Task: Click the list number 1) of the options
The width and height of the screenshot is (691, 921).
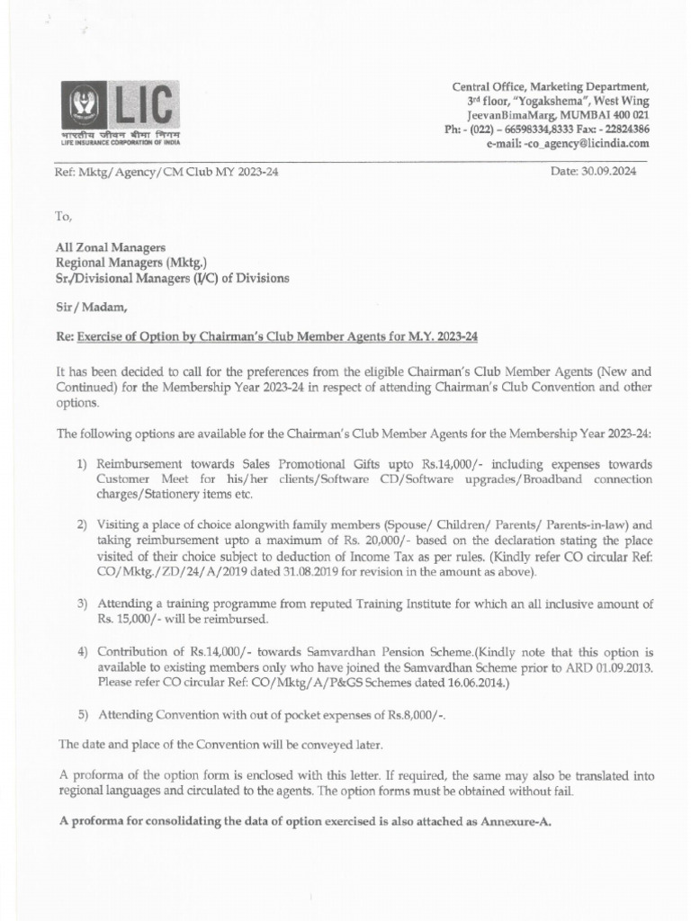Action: coord(82,462)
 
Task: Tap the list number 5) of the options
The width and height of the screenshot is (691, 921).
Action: coord(82,714)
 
